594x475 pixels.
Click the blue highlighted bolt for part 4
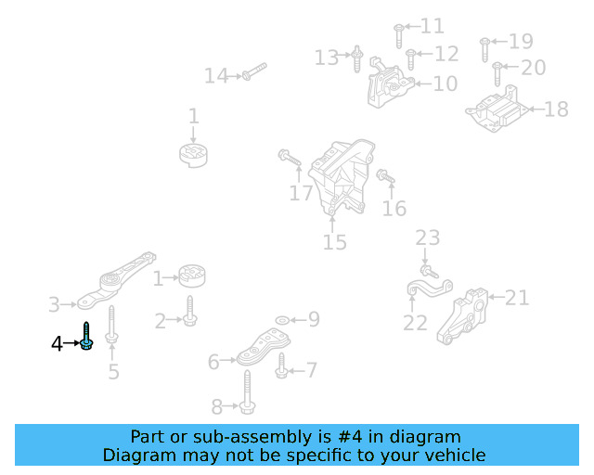pos(85,337)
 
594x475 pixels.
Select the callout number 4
pos(57,344)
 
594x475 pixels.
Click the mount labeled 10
pos(388,86)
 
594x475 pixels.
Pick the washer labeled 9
pos(282,320)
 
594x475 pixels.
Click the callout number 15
pos(334,243)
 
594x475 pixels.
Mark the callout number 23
pos(427,238)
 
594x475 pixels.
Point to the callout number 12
pos(445,55)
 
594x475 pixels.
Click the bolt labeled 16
pos(385,175)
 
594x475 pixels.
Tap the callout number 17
pos(301,194)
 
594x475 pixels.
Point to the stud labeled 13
pos(356,60)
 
